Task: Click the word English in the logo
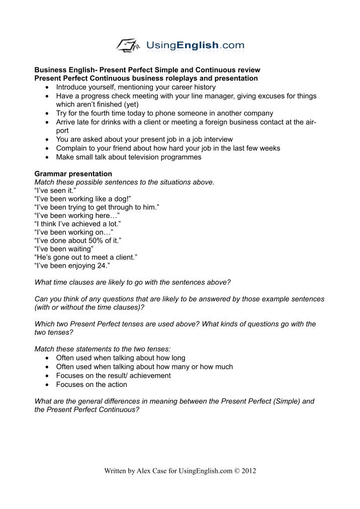(198, 46)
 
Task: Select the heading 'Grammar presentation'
(73, 174)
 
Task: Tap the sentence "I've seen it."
(56, 191)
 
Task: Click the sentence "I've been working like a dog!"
(82, 199)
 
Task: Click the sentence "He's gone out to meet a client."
(85, 257)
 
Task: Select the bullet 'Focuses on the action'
(92, 384)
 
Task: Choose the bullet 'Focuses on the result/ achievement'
(113, 375)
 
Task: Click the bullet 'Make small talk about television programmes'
(128, 157)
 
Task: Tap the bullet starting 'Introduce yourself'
(136, 87)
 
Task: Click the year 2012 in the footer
(248, 471)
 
